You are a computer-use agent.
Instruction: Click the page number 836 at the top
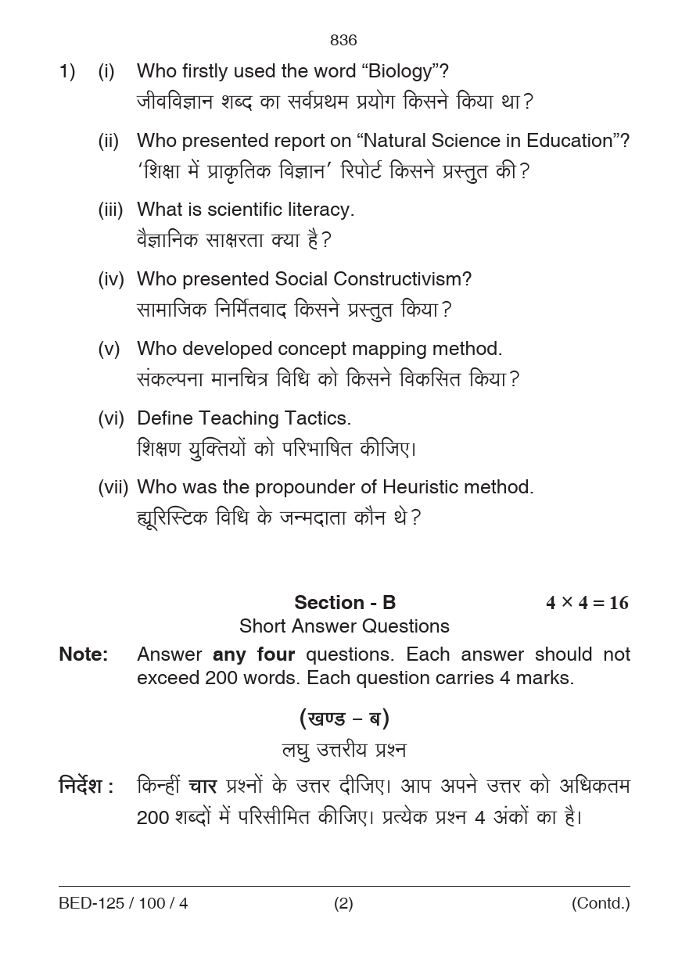[343, 41]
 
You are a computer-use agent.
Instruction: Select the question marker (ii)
[108, 142]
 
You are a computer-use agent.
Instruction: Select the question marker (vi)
[110, 418]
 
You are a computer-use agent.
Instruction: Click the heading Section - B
[345, 603]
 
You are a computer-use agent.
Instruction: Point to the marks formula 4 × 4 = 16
[587, 603]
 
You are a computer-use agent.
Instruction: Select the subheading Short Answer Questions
[344, 626]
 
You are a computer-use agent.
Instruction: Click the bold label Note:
[84, 654]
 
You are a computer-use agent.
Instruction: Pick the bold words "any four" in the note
[253, 654]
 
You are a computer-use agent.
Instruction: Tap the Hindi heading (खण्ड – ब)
[344, 718]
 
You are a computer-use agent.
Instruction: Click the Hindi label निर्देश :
[86, 786]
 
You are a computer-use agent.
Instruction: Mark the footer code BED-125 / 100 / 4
[123, 904]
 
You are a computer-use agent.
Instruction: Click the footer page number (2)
[343, 904]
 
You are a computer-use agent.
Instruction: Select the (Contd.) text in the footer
[600, 904]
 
